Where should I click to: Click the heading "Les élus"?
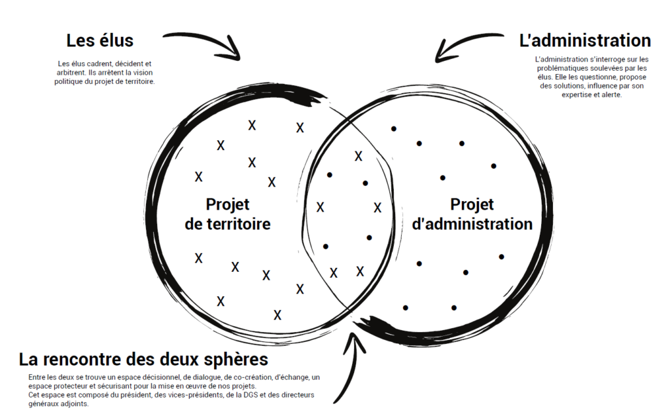(99, 41)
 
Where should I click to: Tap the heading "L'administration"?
(584, 41)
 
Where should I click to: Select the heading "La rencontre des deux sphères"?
(143, 360)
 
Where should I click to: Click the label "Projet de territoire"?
(228, 214)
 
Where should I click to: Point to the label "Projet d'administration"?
(472, 214)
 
